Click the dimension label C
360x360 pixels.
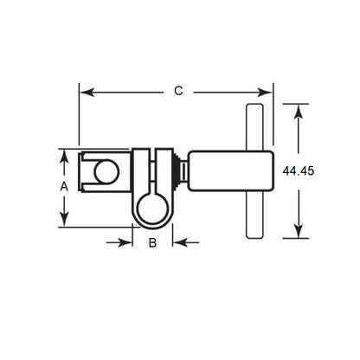177,90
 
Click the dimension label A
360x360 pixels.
64,186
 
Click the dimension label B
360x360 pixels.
152,243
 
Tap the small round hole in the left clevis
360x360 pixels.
105,172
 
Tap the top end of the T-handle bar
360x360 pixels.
254,108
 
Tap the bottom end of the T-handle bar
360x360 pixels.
254,234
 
